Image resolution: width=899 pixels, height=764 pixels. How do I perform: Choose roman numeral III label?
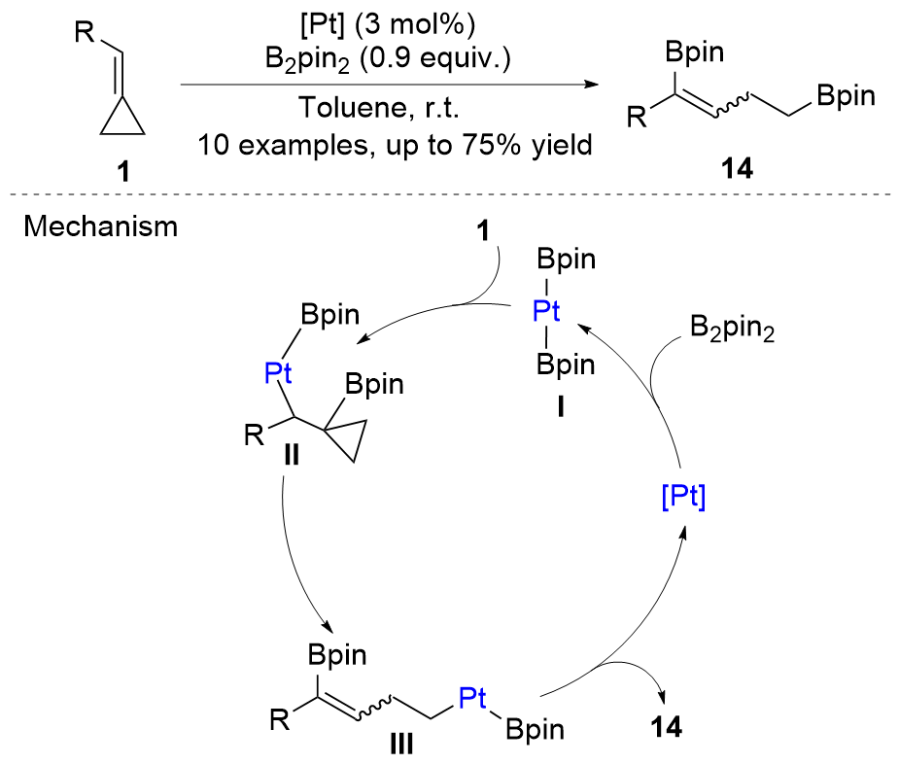(x=399, y=746)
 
